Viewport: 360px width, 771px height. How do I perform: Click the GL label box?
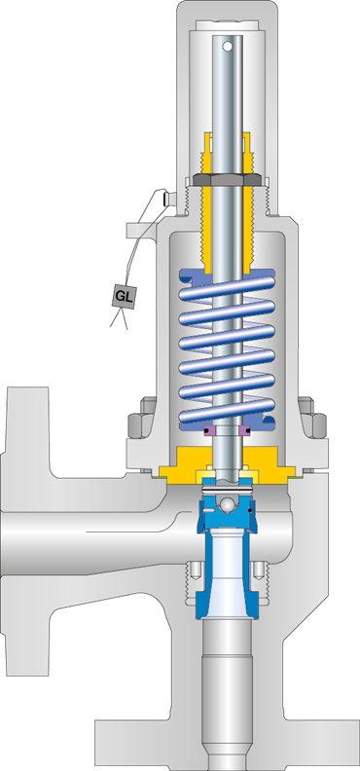pyautogui.click(x=123, y=296)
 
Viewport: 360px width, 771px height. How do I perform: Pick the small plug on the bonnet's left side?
pyautogui.click(x=169, y=202)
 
